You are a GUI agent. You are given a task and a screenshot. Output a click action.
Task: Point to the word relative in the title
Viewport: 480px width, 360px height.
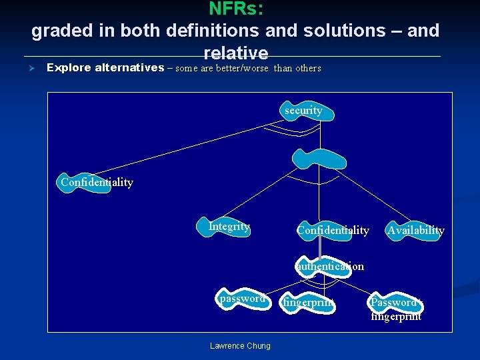click(236, 53)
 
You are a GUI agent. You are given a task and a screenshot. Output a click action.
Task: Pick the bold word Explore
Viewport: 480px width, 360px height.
click(69, 67)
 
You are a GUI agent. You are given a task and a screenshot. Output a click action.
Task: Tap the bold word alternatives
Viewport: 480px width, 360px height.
click(130, 67)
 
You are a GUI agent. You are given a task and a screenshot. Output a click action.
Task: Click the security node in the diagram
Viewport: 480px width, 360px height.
click(304, 111)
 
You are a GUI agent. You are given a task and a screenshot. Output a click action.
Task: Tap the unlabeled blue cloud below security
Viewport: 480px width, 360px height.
click(319, 159)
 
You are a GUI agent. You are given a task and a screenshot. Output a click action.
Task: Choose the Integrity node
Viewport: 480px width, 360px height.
click(229, 227)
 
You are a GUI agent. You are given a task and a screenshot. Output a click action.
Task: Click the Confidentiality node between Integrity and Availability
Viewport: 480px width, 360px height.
click(333, 231)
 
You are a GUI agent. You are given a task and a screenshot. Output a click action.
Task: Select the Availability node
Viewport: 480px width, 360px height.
click(415, 231)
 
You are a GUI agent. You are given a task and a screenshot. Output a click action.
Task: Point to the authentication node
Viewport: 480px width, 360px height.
click(329, 266)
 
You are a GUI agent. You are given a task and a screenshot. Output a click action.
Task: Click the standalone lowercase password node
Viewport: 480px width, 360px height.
click(243, 299)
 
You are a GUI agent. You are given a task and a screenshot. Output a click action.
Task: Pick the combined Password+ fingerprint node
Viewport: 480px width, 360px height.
click(395, 308)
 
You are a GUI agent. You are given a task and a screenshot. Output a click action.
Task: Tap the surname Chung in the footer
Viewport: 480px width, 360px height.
click(259, 345)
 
